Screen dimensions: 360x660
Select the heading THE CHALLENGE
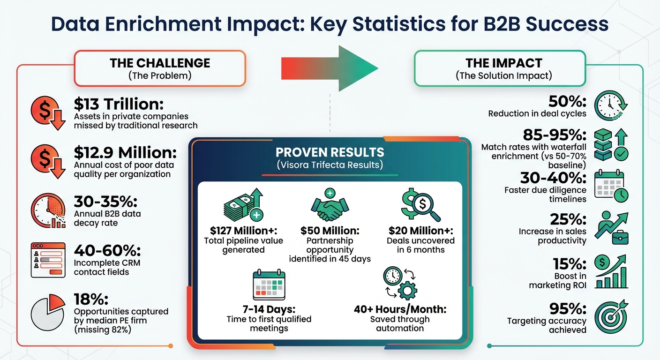point(159,63)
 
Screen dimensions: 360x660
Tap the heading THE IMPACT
point(503,63)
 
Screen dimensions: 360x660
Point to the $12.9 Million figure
point(125,153)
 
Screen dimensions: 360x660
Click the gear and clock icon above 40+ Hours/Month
point(399,284)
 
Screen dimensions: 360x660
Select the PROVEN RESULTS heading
point(330,152)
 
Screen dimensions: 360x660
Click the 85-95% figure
point(560,135)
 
